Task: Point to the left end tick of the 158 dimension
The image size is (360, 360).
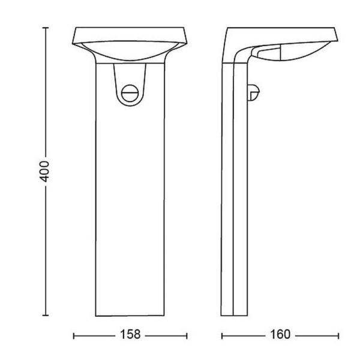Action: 73,335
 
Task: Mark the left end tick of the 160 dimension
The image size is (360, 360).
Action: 221,335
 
